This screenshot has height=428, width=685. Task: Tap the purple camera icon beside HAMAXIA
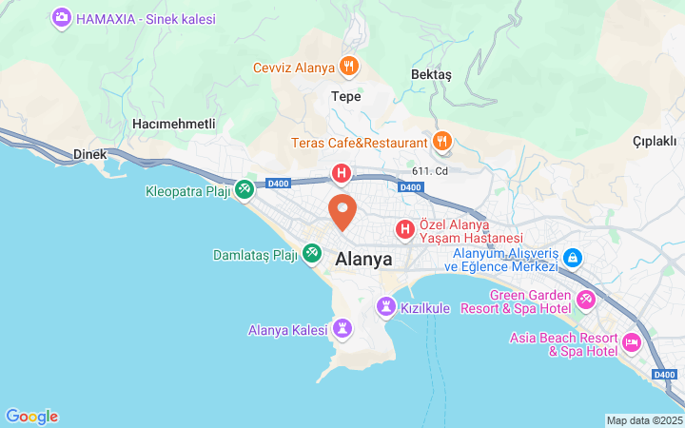62,18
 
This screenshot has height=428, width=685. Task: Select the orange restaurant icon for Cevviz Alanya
349,67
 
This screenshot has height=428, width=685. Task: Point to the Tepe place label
345,96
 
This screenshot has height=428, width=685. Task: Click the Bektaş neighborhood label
431,75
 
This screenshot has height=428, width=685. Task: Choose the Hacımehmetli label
174,125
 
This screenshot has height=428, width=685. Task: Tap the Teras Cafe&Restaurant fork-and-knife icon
442,143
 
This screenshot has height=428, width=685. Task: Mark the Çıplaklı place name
655,141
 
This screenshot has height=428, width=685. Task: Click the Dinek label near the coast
90,154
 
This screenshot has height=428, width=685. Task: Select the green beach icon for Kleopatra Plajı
245,190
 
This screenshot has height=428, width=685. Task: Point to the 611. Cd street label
430,171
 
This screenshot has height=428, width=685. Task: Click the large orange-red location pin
342,209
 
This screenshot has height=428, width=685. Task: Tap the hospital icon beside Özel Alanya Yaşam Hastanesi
405,229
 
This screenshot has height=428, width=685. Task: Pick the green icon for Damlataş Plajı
311,254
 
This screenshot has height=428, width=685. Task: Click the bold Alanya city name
364,258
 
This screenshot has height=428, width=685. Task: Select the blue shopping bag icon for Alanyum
573,257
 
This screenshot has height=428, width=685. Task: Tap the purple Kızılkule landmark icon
385,307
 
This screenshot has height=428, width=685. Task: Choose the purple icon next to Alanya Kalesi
343,330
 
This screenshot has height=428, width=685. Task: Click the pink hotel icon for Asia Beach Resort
631,342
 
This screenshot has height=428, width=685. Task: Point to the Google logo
31,417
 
